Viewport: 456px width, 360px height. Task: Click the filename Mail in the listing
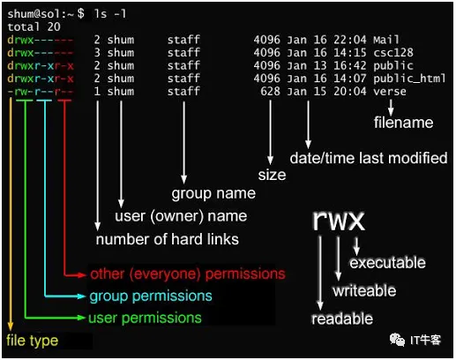[386, 40]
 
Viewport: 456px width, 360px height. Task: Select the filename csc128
[393, 53]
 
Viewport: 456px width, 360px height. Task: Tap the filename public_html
[409, 79]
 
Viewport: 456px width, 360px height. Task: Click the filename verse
[390, 92]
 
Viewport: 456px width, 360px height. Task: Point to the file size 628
[270, 91]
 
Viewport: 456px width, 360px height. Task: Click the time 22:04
[350, 40]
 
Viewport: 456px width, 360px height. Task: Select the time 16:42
[350, 65]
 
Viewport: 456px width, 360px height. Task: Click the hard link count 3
[97, 53]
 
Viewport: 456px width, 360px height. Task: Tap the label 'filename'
[403, 123]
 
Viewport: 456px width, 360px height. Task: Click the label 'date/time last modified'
[369, 158]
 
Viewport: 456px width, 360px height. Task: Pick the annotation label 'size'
[272, 176]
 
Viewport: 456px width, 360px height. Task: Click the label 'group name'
[213, 194]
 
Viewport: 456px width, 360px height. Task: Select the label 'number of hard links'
[168, 239]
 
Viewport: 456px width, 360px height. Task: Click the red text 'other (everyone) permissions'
[188, 274]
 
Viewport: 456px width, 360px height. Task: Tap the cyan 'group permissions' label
[151, 296]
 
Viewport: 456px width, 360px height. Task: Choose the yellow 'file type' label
[32, 341]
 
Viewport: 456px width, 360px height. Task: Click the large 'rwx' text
[339, 221]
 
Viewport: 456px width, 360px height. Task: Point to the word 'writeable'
[364, 291]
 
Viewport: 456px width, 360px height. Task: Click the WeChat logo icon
[397, 340]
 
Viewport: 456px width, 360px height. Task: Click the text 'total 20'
[34, 27]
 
